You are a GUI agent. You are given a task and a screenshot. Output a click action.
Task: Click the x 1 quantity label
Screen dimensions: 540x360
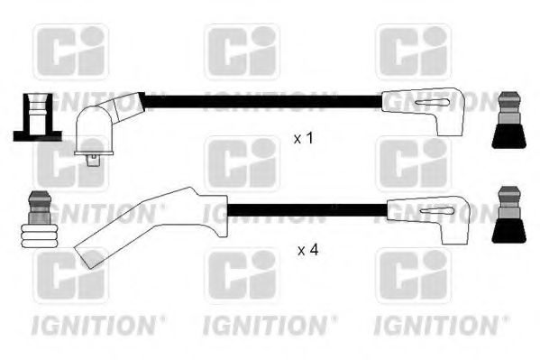point(304,139)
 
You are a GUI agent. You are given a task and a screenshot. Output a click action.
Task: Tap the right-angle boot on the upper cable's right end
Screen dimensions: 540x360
point(421,112)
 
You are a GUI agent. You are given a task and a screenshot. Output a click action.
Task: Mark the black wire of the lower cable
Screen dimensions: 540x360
point(307,212)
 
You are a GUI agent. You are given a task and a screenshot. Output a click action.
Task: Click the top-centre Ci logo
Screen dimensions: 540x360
point(242,51)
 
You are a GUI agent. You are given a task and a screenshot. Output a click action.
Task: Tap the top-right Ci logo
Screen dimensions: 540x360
point(412,51)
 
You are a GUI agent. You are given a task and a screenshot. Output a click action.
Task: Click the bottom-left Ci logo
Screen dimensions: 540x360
point(70,276)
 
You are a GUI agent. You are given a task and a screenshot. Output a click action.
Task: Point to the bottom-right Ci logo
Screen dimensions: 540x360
point(412,276)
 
